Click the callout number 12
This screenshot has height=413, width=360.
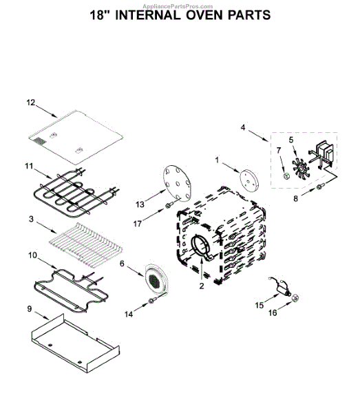point(31,103)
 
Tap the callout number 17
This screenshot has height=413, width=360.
point(138,224)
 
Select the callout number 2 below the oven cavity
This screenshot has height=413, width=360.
point(202,286)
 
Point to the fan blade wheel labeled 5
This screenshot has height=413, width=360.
point(301,169)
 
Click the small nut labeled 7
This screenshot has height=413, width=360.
point(286,176)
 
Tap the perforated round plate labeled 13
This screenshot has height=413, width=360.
point(177,183)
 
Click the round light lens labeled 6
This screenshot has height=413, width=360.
point(156,281)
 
